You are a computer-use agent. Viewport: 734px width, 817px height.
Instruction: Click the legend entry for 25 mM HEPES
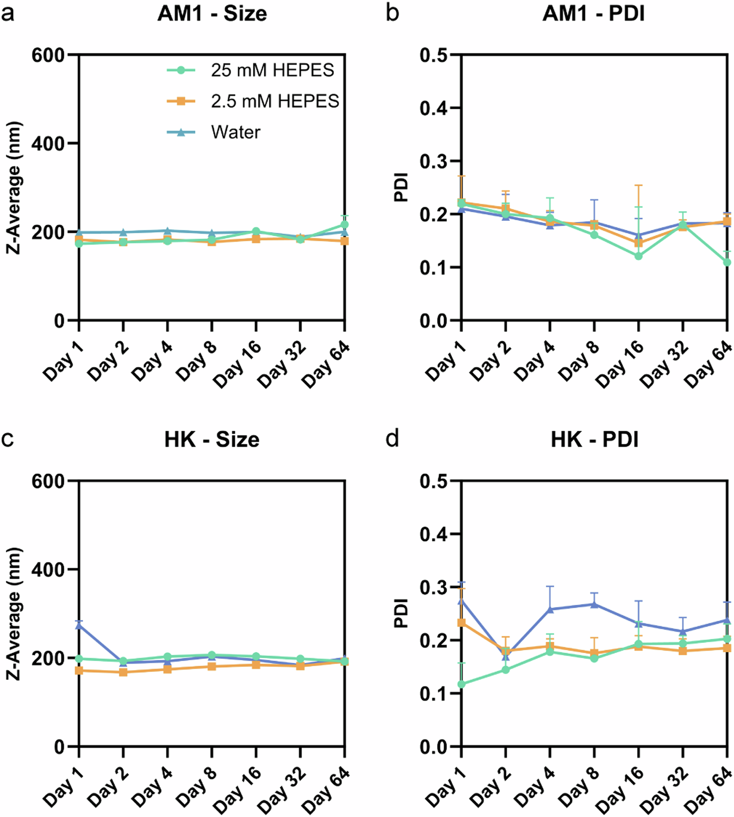click(272, 70)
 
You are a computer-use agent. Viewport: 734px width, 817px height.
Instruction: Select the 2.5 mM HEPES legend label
click(275, 101)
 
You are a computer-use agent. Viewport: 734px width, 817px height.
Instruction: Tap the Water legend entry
click(235, 132)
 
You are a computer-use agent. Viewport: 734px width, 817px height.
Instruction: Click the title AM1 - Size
click(212, 14)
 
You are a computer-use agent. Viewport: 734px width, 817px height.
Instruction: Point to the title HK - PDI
click(594, 440)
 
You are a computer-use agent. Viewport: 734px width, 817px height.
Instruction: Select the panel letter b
click(392, 13)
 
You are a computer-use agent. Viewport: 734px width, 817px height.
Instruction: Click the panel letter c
click(8, 438)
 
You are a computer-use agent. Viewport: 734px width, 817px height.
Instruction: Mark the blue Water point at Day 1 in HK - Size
click(79, 626)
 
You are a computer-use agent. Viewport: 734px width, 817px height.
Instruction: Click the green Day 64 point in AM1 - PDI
click(727, 262)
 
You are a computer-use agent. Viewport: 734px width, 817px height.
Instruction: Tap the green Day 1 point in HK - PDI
click(462, 684)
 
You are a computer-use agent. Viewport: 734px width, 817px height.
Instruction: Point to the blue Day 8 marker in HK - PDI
click(594, 604)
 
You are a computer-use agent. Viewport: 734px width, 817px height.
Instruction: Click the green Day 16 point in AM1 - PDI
click(638, 256)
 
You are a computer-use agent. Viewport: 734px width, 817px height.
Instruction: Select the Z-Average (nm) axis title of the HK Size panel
click(15, 614)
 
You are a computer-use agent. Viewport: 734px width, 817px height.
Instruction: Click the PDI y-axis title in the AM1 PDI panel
click(401, 188)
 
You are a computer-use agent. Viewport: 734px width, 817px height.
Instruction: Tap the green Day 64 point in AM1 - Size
click(344, 225)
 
